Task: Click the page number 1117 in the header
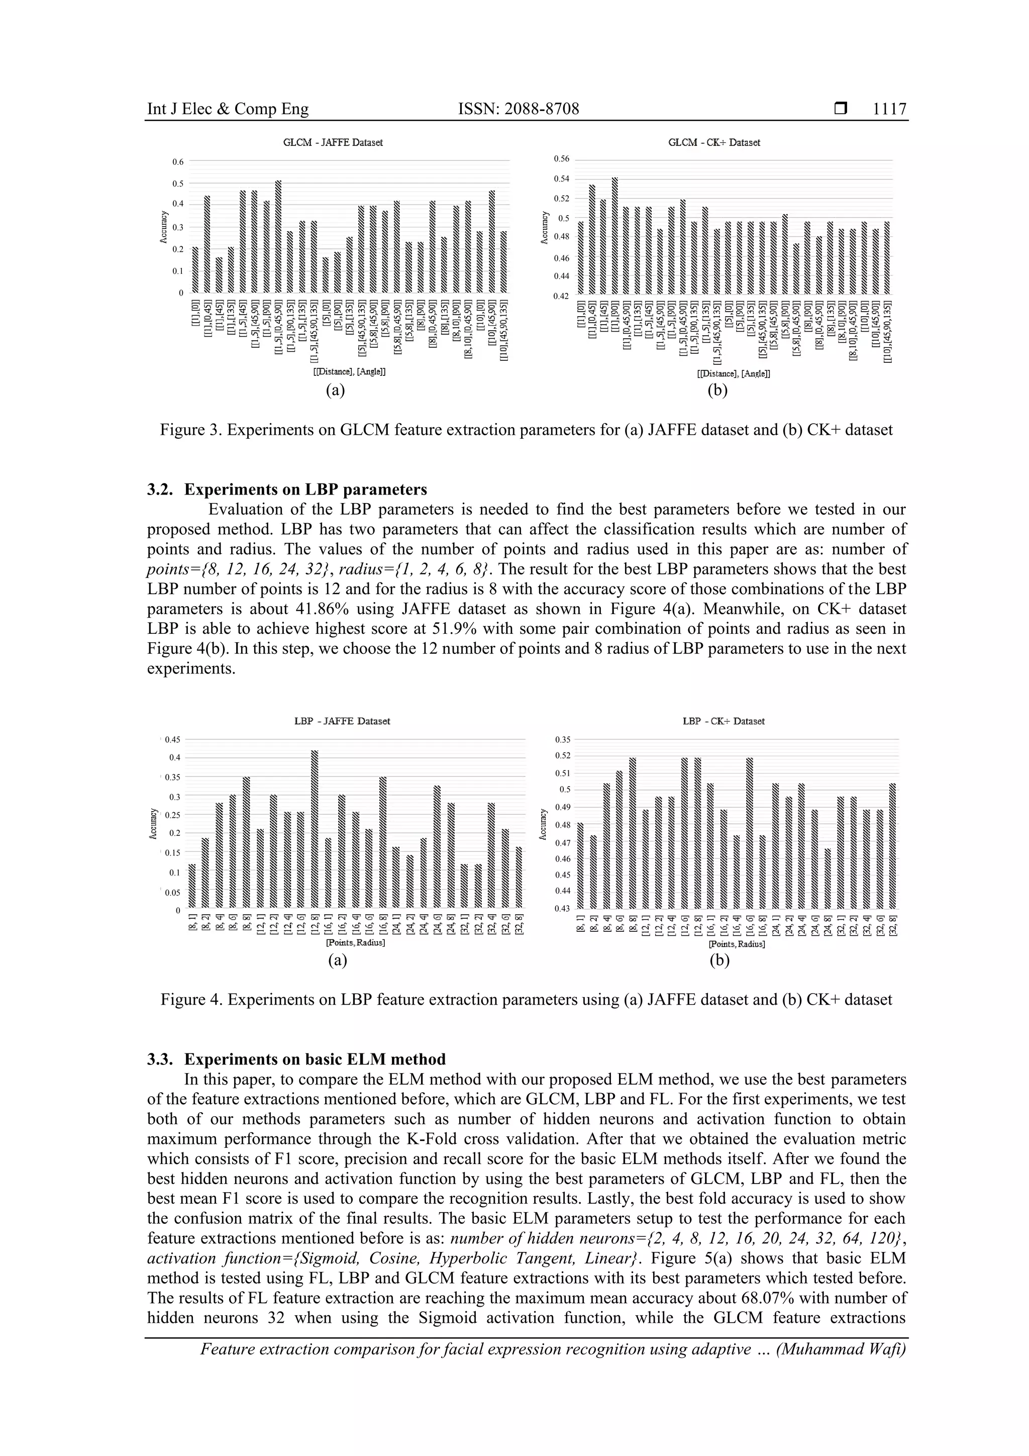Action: (889, 109)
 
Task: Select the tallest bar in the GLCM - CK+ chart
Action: (614, 236)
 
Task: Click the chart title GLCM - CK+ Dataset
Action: (714, 143)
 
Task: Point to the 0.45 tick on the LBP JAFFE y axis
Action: (172, 739)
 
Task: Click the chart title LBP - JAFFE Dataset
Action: (342, 721)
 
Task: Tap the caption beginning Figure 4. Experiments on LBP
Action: (526, 1000)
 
